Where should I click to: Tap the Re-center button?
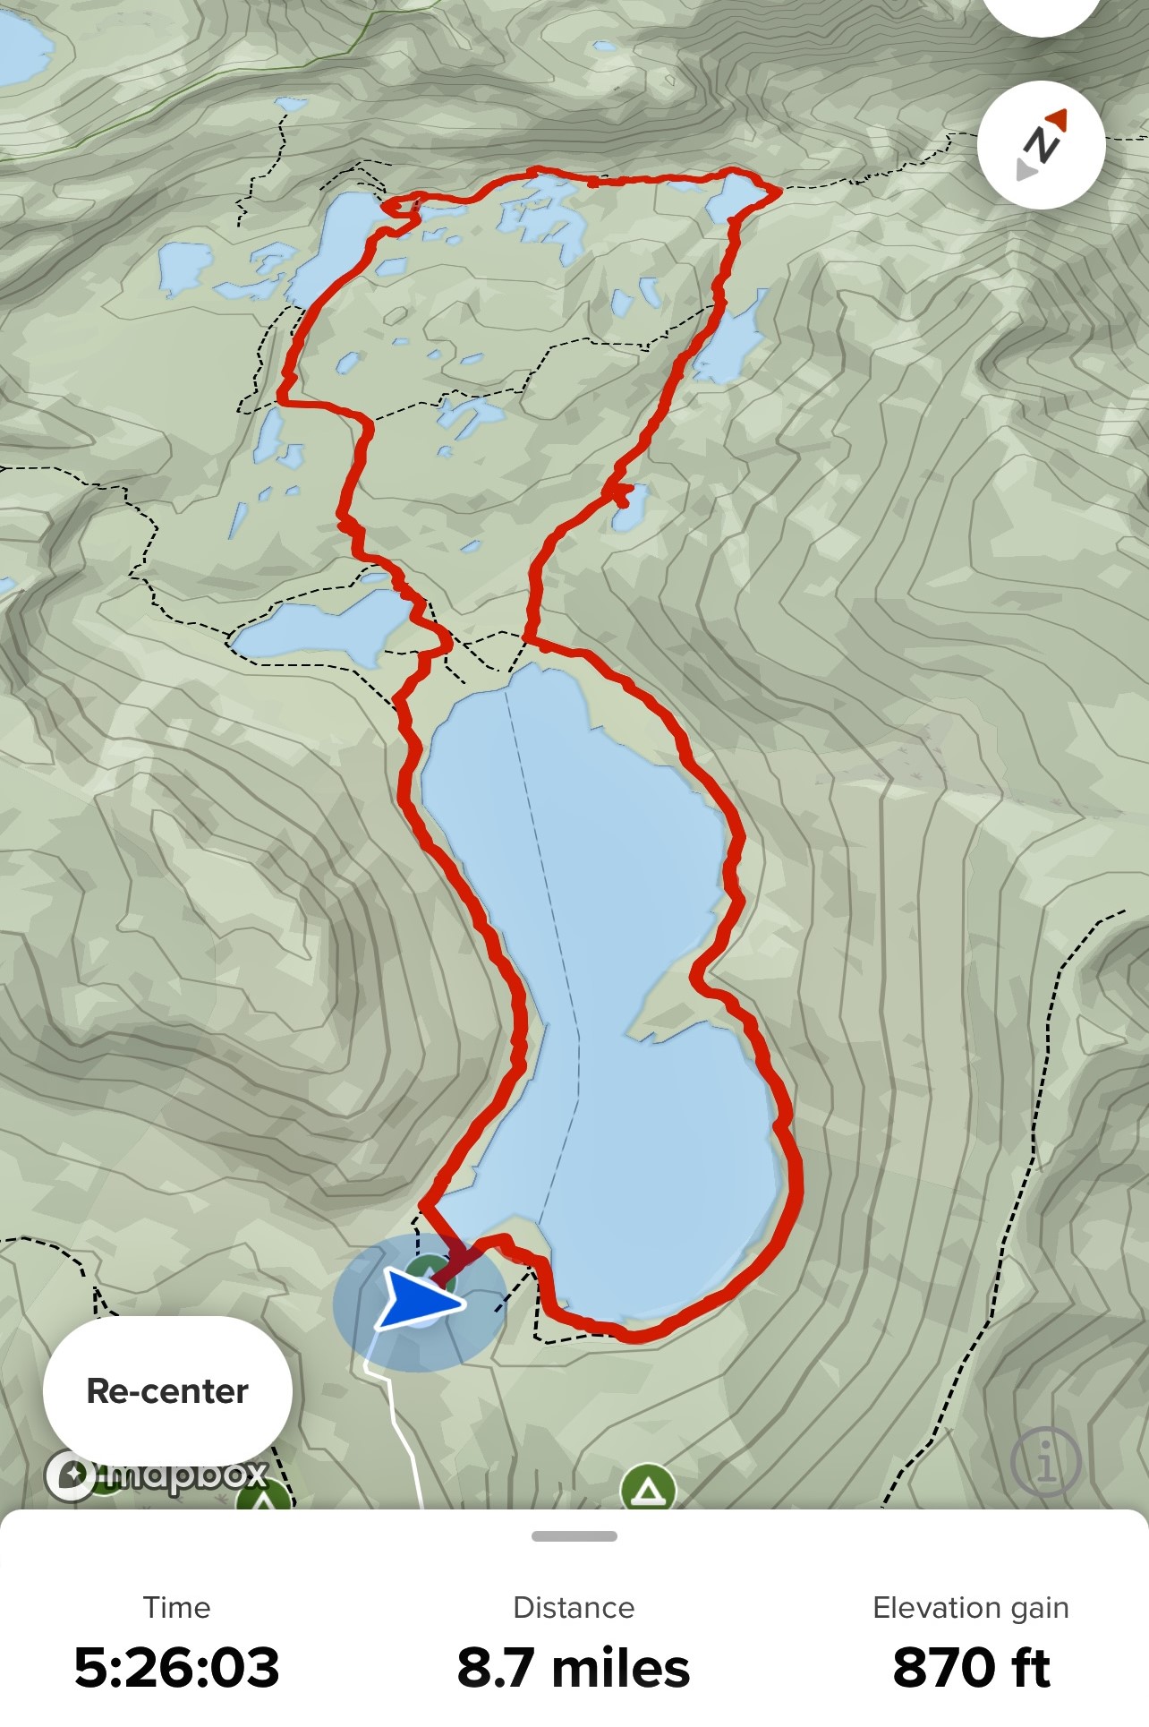pyautogui.click(x=167, y=1390)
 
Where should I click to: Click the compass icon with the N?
pyautogui.click(x=1042, y=145)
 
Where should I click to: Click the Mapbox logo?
pyautogui.click(x=157, y=1474)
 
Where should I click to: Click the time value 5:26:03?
pyautogui.click(x=177, y=1667)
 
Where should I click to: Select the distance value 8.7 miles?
pyautogui.click(x=574, y=1667)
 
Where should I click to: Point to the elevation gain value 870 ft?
pyautogui.click(x=971, y=1667)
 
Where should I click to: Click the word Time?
pyautogui.click(x=177, y=1608)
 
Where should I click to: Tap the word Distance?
pyautogui.click(x=574, y=1608)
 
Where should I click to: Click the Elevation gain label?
pyautogui.click(x=971, y=1608)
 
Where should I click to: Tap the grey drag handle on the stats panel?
pyautogui.click(x=574, y=1536)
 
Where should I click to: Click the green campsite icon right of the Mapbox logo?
pyautogui.click(x=648, y=1490)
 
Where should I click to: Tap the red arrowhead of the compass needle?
pyautogui.click(x=1058, y=118)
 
